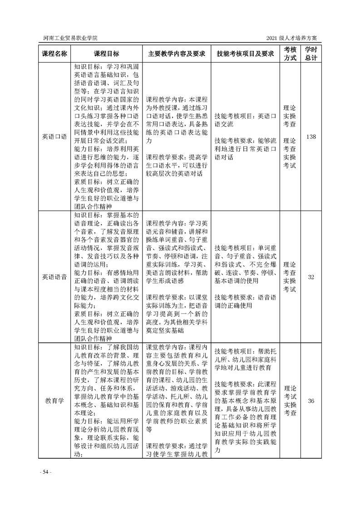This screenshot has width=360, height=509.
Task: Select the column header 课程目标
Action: (107, 54)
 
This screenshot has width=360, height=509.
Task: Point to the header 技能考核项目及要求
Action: (246, 54)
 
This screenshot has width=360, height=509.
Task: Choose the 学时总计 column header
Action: (311, 53)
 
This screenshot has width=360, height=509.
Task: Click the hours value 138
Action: (311, 137)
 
